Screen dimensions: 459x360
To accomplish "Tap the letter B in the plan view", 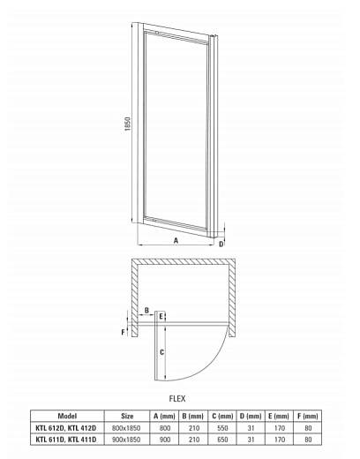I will pos(148,311).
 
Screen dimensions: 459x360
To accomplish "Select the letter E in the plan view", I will pos(161,316).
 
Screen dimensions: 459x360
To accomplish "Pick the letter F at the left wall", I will pos(124,332).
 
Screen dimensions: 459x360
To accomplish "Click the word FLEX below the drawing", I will pos(177,398).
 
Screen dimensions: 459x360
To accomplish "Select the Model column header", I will pos(67,415).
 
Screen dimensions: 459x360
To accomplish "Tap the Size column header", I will pos(127,415).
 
